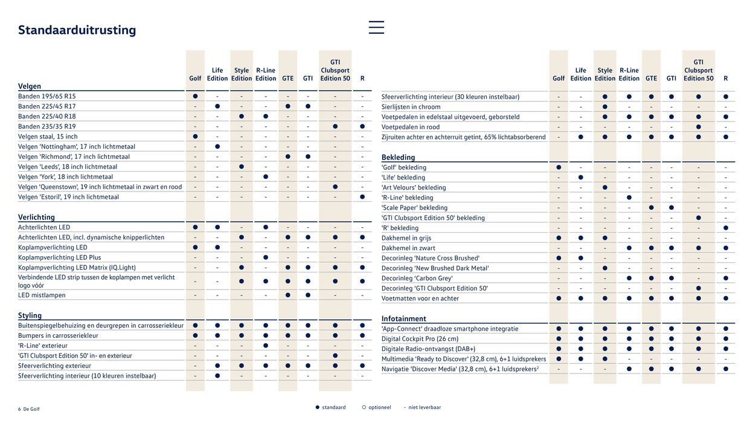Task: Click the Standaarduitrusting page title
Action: [x=77, y=30]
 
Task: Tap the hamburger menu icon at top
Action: [x=376, y=27]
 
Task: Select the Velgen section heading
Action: [x=30, y=86]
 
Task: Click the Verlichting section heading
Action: [x=36, y=217]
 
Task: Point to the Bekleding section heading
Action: [x=398, y=157]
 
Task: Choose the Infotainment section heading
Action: [x=403, y=318]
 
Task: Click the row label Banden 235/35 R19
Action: [x=47, y=126]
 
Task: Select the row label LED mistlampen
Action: [x=42, y=295]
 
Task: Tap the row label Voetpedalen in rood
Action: [x=411, y=127]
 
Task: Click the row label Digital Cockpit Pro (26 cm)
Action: [x=420, y=339]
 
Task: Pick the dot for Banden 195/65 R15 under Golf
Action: [x=195, y=96]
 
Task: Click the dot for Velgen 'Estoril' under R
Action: [x=362, y=197]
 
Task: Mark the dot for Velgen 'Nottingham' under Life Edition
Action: [x=217, y=147]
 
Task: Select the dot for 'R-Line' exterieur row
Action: [x=266, y=346]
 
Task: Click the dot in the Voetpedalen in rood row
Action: [x=698, y=127]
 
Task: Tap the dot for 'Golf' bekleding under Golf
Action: [x=559, y=167]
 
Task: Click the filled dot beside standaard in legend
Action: [x=318, y=407]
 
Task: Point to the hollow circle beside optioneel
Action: [x=364, y=407]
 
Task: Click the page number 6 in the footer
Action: [x=19, y=409]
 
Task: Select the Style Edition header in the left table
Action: [x=242, y=74]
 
